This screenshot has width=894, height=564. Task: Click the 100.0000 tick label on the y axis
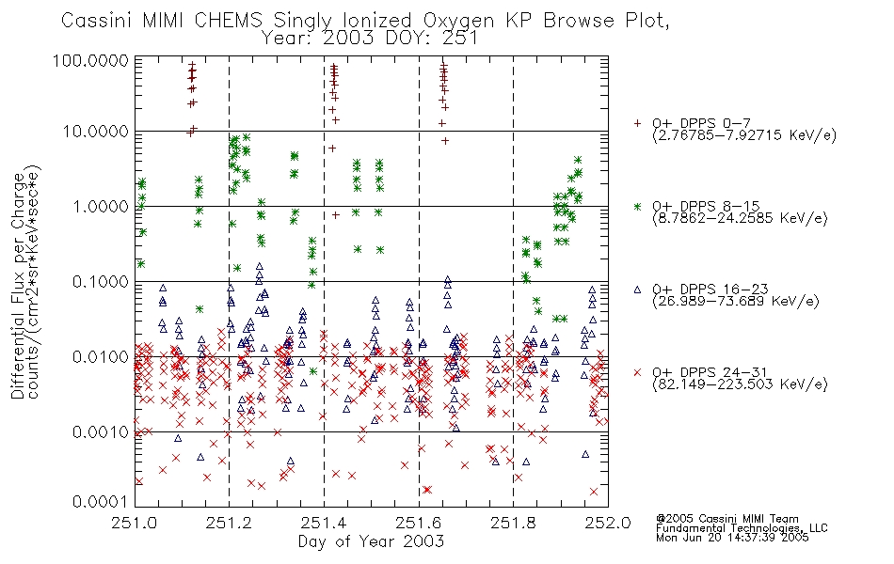[90, 60]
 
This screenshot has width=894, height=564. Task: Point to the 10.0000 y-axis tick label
[96, 132]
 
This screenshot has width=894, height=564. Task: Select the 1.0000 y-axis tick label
[101, 206]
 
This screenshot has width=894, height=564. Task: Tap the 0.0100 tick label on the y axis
[101, 357]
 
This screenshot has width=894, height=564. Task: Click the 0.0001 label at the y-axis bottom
[101, 502]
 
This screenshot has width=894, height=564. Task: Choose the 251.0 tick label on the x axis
[135, 523]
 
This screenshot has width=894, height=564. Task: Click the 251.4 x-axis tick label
[324, 523]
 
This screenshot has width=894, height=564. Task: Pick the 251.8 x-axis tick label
[513, 523]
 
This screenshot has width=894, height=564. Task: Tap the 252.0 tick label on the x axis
[608, 523]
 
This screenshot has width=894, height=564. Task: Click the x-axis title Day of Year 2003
[371, 541]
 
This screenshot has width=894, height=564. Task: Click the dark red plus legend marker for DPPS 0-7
[637, 123]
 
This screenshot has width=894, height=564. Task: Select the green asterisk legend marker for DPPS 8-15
[637, 206]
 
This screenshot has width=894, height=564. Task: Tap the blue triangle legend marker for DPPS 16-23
[637, 290]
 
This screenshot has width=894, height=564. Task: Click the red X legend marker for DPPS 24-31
[637, 372]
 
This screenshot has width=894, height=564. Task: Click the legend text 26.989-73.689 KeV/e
[736, 301]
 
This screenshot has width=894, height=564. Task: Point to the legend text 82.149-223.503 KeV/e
[740, 384]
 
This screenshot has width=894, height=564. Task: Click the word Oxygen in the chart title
[458, 22]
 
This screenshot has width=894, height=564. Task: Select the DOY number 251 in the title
[461, 39]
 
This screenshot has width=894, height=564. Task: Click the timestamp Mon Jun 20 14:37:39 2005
[732, 538]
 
